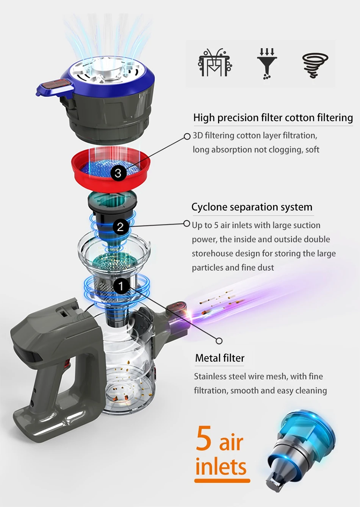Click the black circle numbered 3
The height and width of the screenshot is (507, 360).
[x=118, y=173]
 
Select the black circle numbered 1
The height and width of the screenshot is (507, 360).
[x=121, y=286]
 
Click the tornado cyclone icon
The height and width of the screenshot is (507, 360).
[x=315, y=66]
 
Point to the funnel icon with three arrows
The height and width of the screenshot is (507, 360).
[x=267, y=64]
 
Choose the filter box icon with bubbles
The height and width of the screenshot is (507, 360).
[x=215, y=62]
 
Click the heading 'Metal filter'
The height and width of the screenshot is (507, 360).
[x=220, y=358]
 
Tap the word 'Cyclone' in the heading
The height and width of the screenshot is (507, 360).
[x=210, y=207]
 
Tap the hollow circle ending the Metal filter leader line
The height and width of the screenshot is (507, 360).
[x=219, y=341]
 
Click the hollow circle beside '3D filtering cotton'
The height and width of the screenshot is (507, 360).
[x=187, y=136]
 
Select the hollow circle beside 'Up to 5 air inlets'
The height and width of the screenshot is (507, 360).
[x=187, y=224]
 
